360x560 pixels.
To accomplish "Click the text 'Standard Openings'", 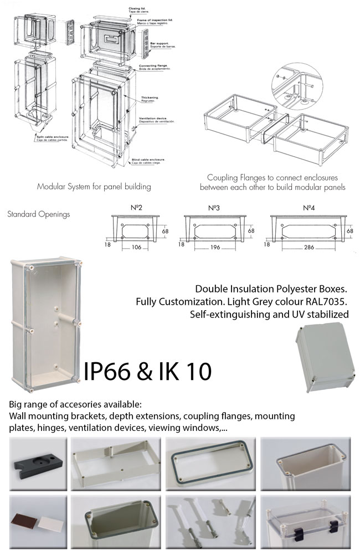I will (38, 214).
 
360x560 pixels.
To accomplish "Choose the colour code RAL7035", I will (328, 302).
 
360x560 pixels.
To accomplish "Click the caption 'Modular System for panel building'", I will (94, 187).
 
